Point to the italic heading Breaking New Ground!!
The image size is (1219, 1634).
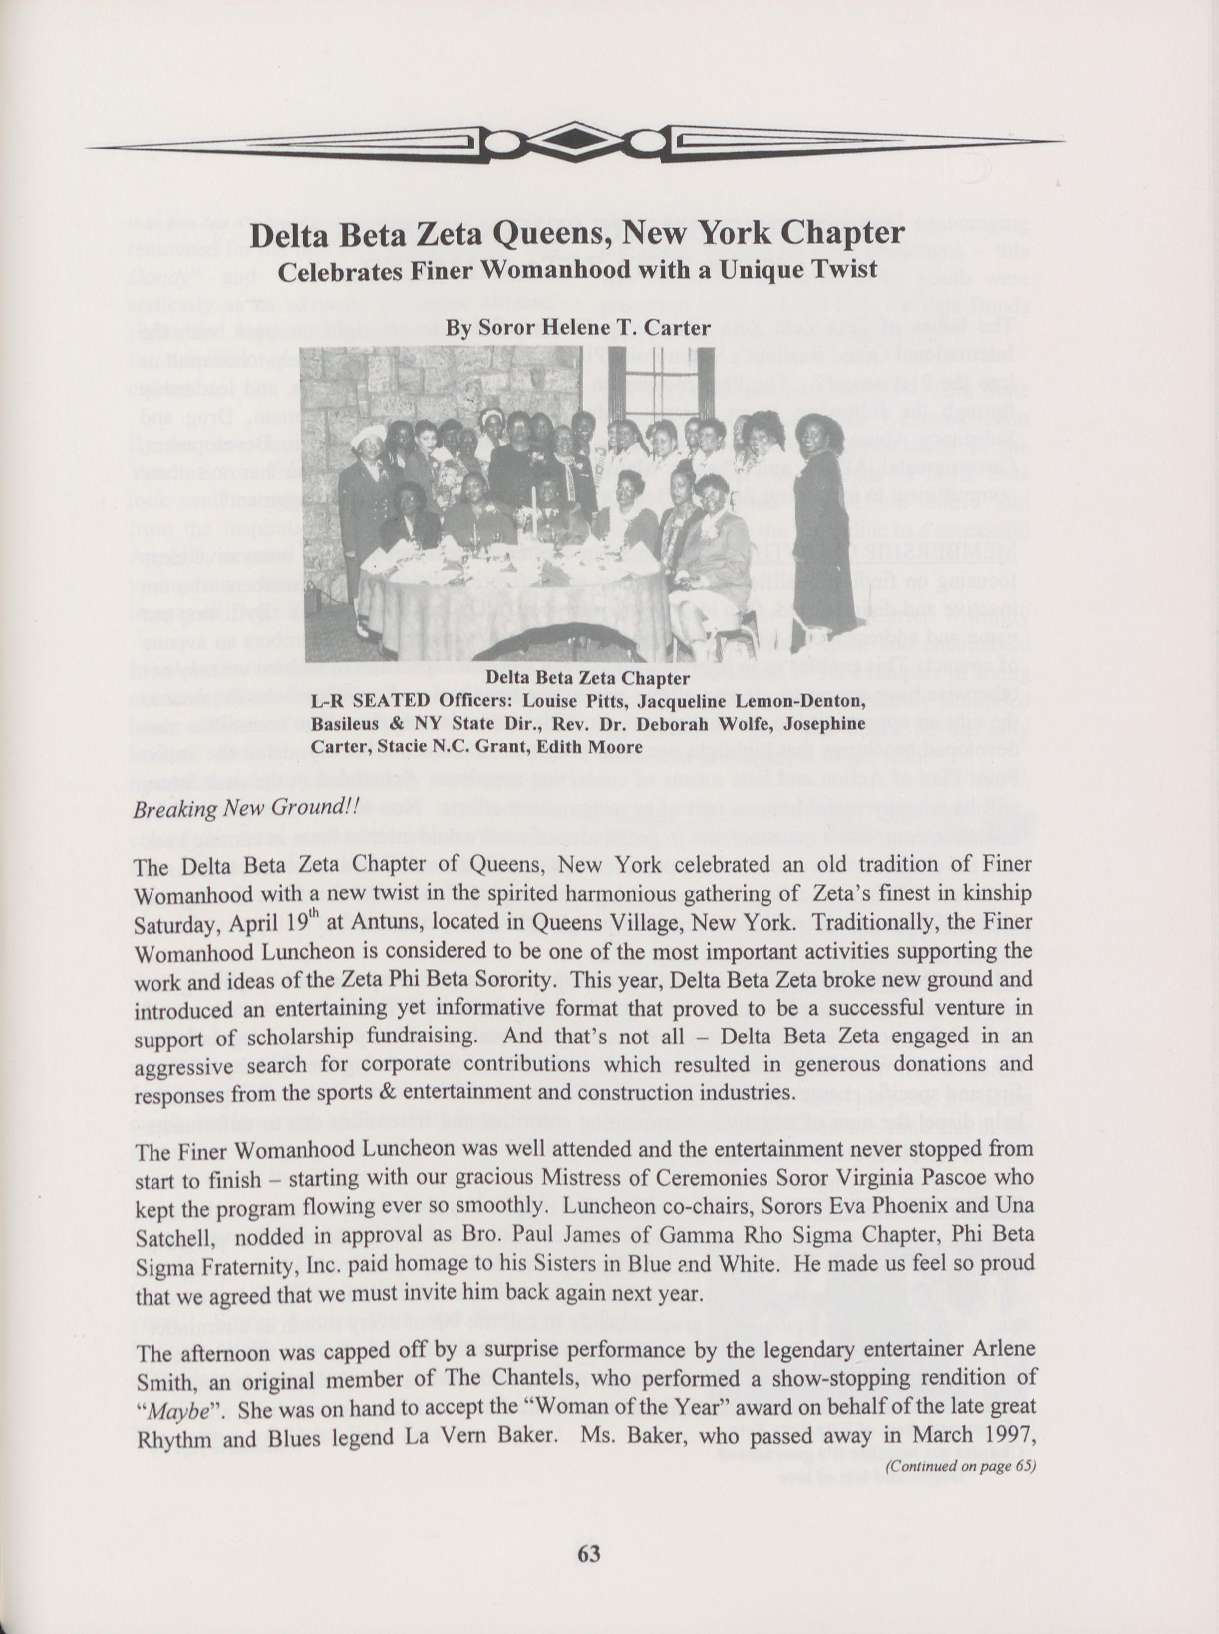(245, 808)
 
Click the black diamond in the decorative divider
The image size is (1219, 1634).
(575, 140)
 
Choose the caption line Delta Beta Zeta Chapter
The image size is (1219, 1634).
(588, 677)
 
